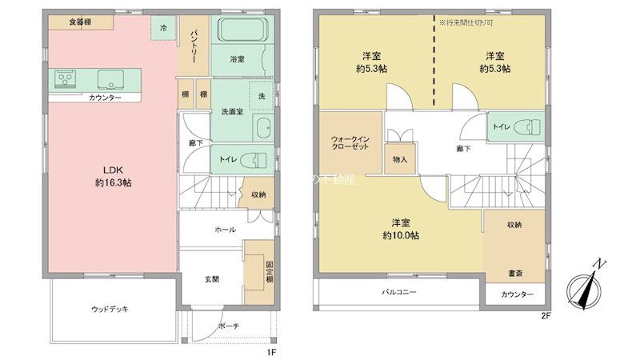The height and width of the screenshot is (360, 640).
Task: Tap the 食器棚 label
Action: pos(78,22)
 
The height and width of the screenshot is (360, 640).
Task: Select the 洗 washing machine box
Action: pos(262,94)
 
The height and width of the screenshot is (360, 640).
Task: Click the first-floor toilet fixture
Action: pos(258,160)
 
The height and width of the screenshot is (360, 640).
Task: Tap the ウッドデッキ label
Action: pos(110,309)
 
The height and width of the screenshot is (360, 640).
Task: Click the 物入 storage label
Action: pos(400,159)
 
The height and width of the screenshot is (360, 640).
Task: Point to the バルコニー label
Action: pos(398,293)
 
